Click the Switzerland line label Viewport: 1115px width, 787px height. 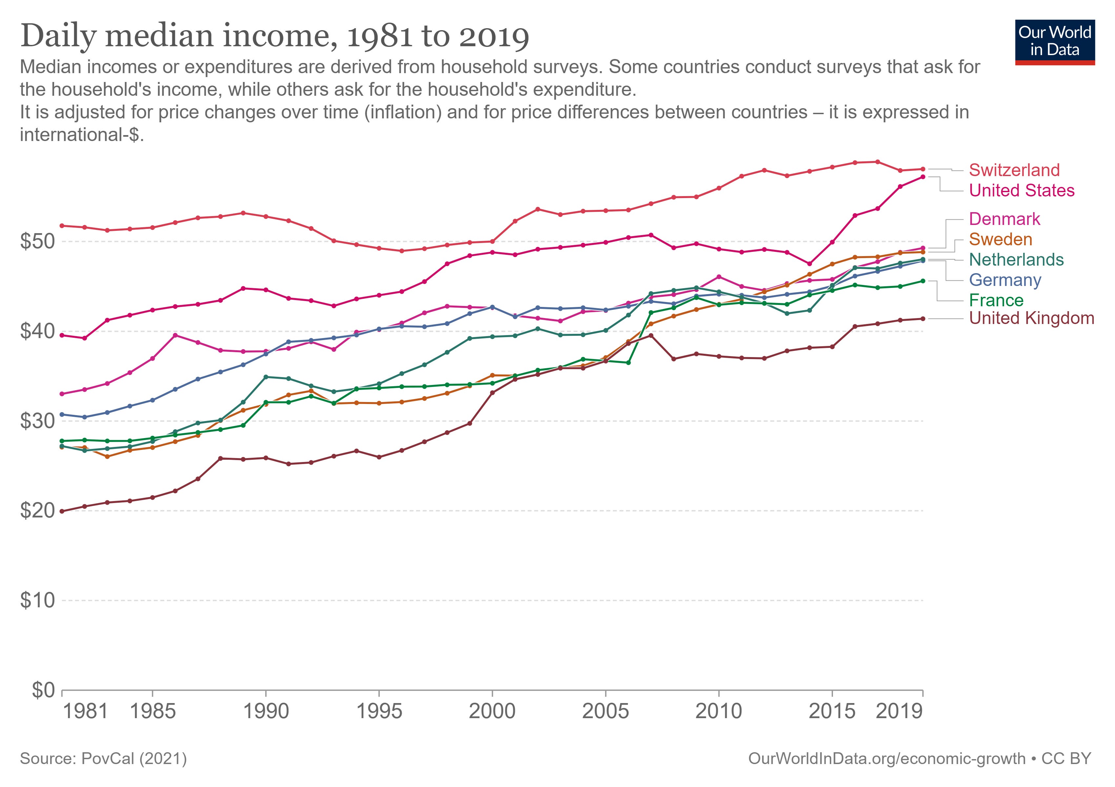[x=1014, y=170]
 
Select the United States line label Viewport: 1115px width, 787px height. [x=1022, y=190]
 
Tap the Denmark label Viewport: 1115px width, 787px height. [x=1004, y=219]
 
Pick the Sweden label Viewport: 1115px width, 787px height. [x=1001, y=239]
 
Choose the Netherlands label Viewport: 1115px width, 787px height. [x=1016, y=260]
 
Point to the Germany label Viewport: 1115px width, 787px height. [x=1005, y=280]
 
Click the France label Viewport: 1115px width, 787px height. [x=996, y=300]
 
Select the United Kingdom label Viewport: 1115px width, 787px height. [x=1031, y=318]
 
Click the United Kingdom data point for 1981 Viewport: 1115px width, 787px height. [x=62, y=511]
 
